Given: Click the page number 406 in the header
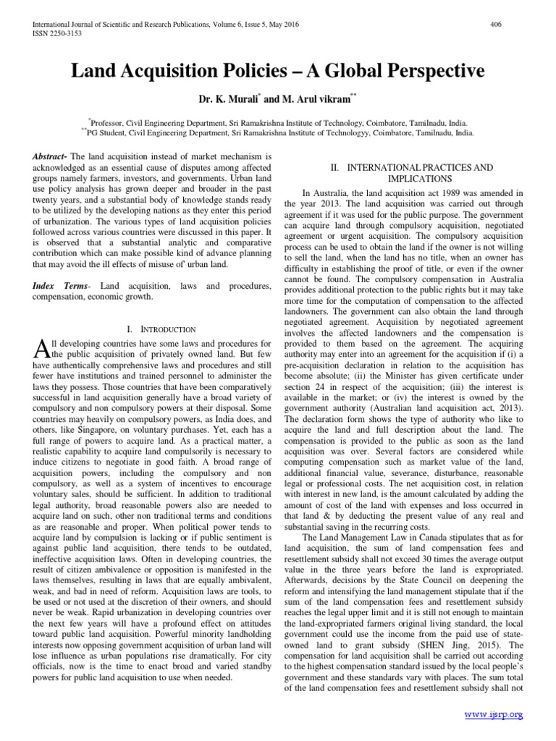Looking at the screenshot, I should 496,25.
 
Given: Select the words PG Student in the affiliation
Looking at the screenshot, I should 110,134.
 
